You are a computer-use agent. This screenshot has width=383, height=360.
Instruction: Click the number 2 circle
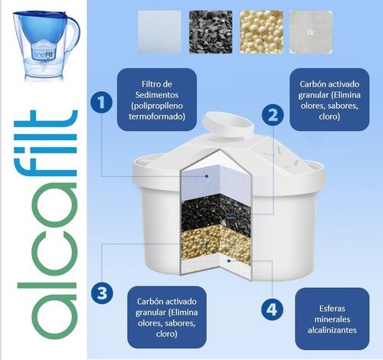coord(271,115)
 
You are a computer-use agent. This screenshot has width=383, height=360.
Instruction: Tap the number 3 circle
coord(98,292)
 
